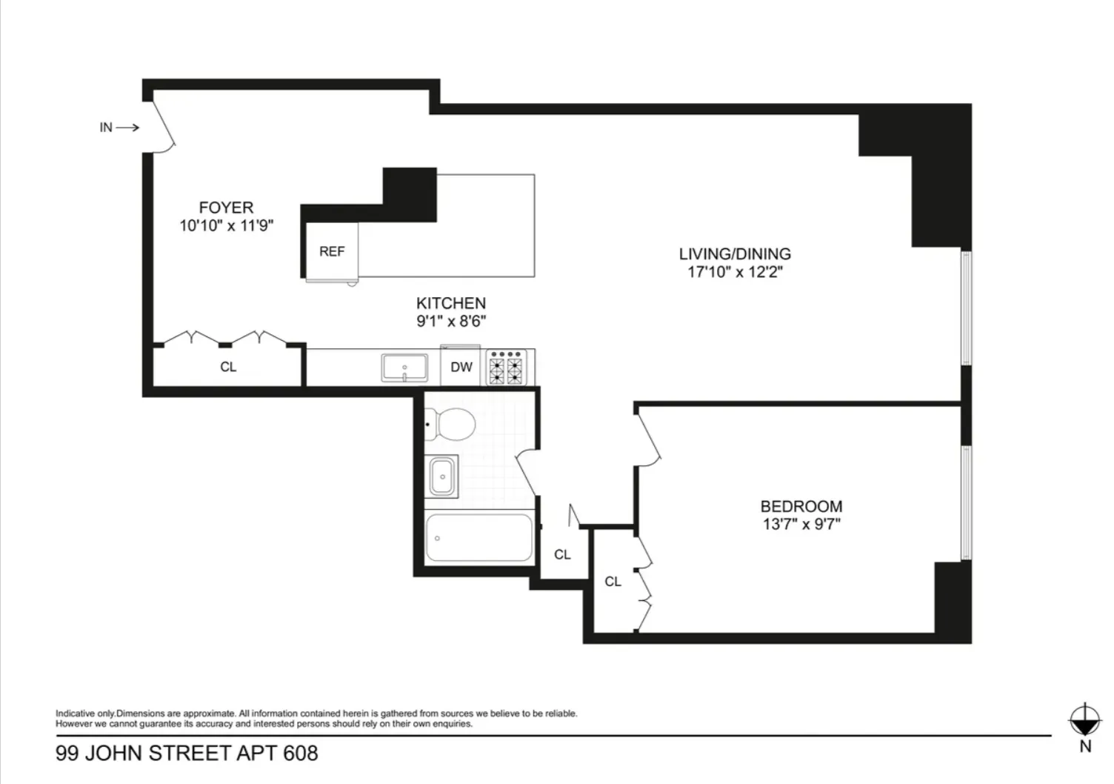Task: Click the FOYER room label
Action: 226,207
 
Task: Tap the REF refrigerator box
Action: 332,251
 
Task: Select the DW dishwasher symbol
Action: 461,367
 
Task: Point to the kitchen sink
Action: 404,368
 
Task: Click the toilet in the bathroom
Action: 453,424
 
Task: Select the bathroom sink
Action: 443,476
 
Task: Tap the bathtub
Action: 479,538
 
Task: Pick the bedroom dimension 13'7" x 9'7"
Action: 801,525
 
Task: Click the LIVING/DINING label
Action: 735,253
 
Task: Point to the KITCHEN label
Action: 451,303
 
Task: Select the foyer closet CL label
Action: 228,367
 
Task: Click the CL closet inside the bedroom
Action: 613,582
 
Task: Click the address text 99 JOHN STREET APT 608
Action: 187,754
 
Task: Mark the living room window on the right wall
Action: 966,308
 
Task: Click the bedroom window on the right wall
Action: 966,502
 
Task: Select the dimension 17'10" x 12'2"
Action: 735,272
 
